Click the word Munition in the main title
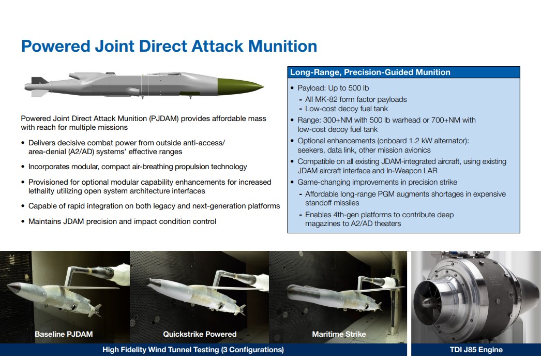282,46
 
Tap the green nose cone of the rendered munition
238,86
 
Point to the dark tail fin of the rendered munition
39,80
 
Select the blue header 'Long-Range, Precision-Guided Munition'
370,72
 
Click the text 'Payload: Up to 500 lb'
333,88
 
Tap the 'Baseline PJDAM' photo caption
64,334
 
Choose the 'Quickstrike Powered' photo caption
200,334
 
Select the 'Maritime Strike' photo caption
339,334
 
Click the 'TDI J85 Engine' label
476,350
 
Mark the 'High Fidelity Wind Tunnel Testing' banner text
160,350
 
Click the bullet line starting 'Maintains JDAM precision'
122,221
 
